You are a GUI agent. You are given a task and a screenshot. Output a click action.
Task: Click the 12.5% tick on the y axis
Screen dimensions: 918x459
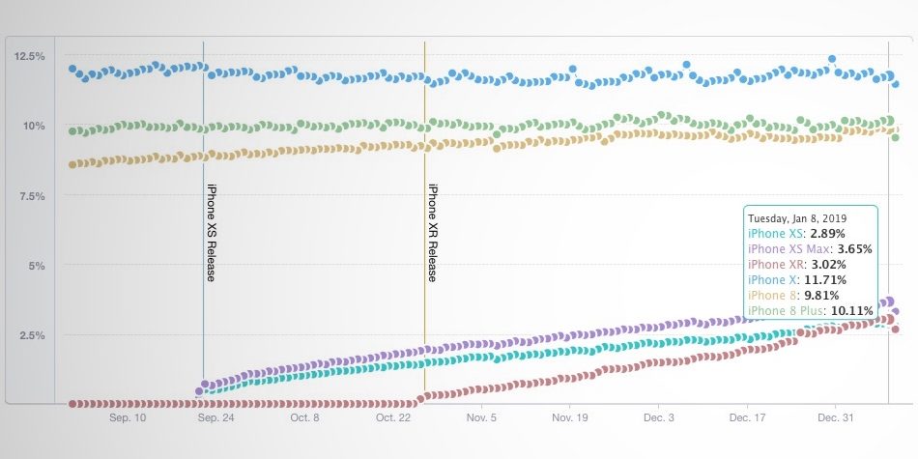[x=29, y=56]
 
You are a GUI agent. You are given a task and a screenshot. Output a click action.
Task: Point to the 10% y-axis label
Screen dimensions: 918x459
[x=34, y=126]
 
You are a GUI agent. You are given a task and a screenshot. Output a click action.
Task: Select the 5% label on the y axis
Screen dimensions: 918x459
[x=37, y=266]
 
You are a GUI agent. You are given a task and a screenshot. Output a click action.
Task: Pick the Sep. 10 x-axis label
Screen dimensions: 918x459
[x=127, y=417]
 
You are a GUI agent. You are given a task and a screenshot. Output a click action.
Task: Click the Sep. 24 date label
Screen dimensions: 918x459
[x=215, y=417]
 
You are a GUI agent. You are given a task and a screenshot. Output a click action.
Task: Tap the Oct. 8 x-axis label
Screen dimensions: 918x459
[x=304, y=417]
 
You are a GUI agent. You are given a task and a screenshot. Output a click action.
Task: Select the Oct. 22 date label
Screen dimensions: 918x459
[x=393, y=417]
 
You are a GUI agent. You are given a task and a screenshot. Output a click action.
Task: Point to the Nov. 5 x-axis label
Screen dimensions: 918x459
[x=481, y=417]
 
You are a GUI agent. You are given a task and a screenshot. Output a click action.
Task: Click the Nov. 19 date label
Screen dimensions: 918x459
[x=570, y=417]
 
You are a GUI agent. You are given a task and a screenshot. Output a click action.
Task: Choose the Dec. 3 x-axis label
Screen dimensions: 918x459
[x=659, y=417]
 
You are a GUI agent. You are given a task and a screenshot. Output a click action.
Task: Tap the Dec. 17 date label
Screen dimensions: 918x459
[x=747, y=417]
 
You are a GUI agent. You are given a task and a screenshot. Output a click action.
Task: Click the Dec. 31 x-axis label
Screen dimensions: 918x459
[x=836, y=417]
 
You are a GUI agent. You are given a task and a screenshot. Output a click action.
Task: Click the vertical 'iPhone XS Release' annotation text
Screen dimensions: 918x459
[x=212, y=233]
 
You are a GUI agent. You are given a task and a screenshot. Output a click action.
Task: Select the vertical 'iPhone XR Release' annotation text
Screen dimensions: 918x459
[x=433, y=233]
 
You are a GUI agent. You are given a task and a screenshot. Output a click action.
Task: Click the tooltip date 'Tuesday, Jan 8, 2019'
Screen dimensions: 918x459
[x=797, y=217]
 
